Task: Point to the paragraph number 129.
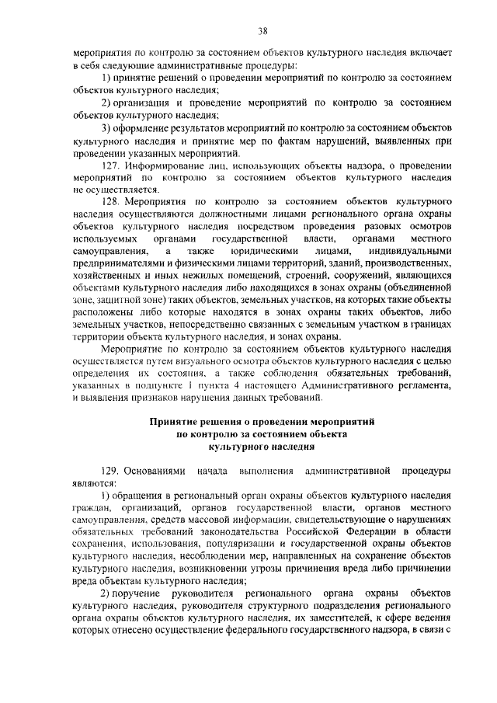coord(112,472)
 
